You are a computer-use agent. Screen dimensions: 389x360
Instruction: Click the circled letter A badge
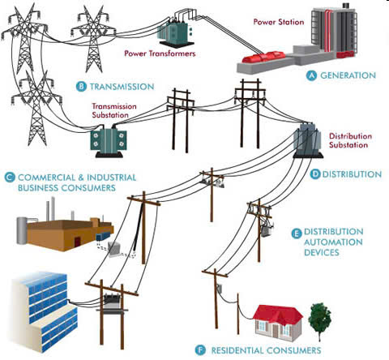coord(311,75)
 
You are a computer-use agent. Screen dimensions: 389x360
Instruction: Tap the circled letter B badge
coord(81,87)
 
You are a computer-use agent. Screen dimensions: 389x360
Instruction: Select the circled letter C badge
coord(10,178)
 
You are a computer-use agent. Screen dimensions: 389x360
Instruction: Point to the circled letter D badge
coord(315,174)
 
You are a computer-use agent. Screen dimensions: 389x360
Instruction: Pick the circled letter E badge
coord(297,234)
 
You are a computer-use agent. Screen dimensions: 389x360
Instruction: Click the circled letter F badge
coord(200,350)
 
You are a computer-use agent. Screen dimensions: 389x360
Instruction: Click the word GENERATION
coord(348,75)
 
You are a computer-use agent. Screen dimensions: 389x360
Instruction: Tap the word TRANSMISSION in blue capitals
coord(122,87)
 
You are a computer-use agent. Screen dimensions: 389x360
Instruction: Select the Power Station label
coord(279,22)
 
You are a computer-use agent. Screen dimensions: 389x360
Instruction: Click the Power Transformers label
coord(160,54)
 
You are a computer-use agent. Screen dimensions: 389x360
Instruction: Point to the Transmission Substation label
coord(114,110)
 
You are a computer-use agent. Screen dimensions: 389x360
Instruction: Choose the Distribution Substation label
coord(350,140)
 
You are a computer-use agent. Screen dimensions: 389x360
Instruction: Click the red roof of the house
coord(278,314)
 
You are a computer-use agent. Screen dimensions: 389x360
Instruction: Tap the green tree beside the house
coord(320,319)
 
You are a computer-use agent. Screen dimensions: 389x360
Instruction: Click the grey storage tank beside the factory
coord(22,230)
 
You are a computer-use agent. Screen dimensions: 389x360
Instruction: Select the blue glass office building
coord(45,311)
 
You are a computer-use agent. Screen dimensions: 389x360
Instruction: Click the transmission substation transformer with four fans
coord(109,142)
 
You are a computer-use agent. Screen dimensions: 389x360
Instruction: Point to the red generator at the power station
coord(263,57)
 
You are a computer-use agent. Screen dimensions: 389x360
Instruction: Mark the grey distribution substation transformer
coord(308,139)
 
